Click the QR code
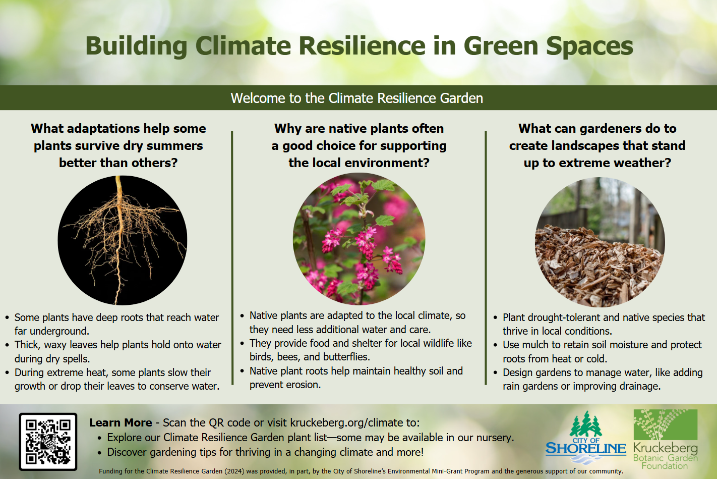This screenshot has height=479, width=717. [48, 442]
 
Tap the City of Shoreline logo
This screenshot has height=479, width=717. [586, 438]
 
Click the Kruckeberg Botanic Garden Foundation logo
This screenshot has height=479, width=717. [666, 439]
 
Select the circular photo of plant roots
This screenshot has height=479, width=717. [123, 240]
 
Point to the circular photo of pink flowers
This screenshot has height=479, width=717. [359, 239]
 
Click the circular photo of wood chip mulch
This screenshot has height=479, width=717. [600, 242]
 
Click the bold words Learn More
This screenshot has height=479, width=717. [121, 422]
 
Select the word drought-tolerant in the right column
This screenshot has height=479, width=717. [564, 317]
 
